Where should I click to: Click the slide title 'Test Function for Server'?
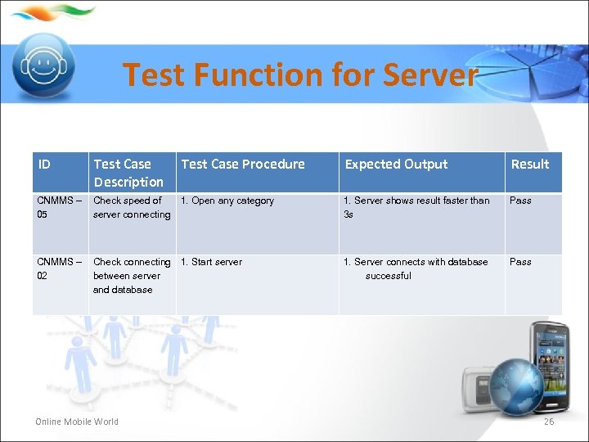[x=299, y=75]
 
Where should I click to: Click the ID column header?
[x=44, y=165]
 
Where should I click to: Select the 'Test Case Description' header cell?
[x=128, y=173]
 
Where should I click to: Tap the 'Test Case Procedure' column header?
[x=242, y=165]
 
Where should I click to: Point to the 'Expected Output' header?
[x=396, y=165]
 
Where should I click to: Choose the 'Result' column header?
[x=529, y=165]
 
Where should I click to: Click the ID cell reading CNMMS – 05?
[x=59, y=207]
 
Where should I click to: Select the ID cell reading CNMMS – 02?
[x=59, y=268]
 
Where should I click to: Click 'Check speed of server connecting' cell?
[x=132, y=207]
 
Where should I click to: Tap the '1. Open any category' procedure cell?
[x=227, y=201]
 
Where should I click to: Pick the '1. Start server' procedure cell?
[x=211, y=262]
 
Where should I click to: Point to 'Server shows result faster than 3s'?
[x=416, y=207]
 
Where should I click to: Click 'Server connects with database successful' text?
[x=416, y=268]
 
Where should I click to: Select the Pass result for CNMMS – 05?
[x=520, y=201]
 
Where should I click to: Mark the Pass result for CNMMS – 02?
[x=520, y=262]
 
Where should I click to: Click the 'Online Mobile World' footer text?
[x=77, y=422]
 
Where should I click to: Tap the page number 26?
[x=548, y=422]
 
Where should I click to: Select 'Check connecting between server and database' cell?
[x=132, y=276]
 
